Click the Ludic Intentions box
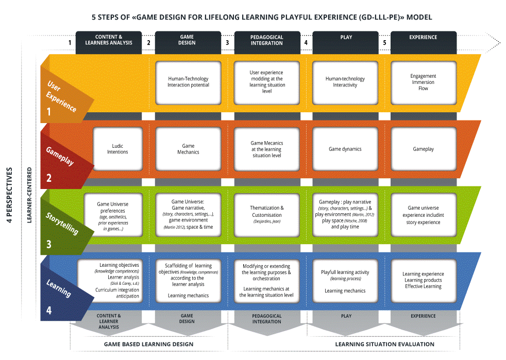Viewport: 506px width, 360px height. click(117, 149)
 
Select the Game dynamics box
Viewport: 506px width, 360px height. click(345, 149)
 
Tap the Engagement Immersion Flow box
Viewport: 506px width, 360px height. click(423, 82)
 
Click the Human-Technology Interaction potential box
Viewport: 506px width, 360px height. click(188, 82)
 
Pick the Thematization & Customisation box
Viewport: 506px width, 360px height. click(266, 212)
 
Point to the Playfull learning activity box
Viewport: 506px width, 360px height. click(345, 281)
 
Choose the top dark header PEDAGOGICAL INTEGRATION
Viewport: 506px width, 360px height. click(266, 41)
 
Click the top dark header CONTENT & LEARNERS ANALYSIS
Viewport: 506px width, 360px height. click(109, 41)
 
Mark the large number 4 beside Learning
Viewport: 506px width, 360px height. click(49, 311)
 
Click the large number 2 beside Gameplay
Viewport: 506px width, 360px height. click(49, 179)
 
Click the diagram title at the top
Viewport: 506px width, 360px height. click(262, 17)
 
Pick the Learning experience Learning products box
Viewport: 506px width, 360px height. click(423, 281)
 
